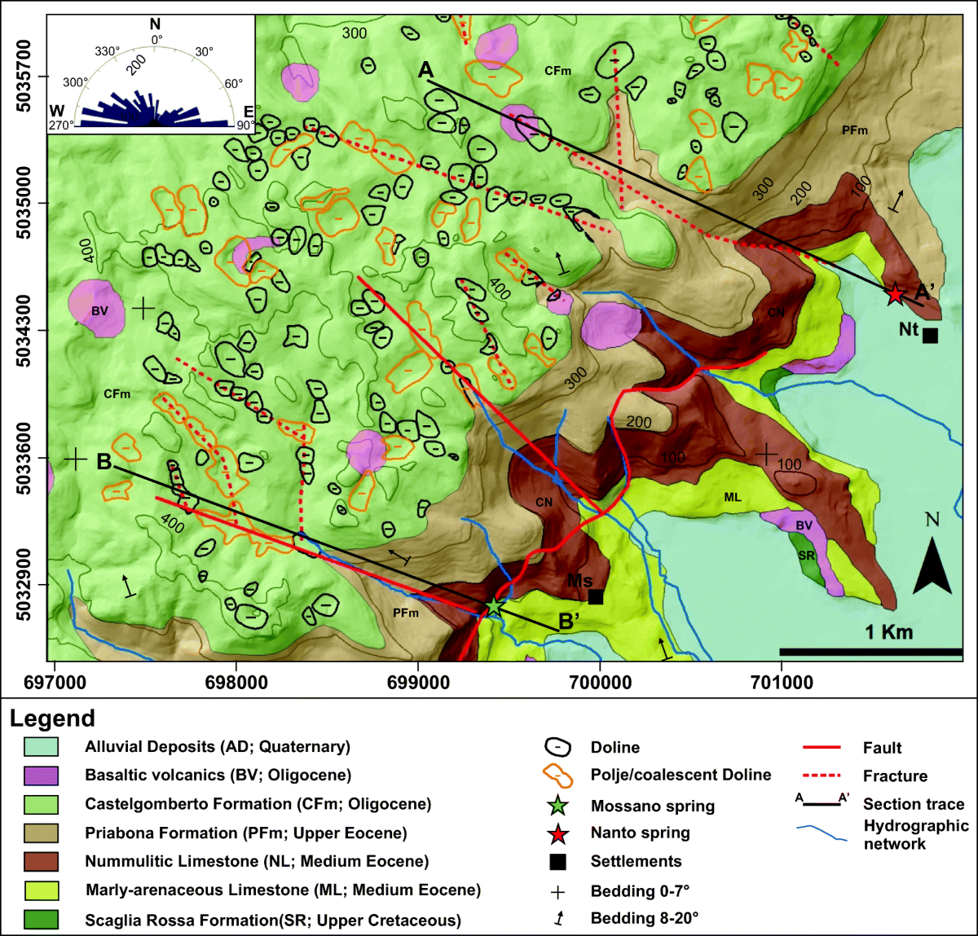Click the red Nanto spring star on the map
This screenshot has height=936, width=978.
[896, 294]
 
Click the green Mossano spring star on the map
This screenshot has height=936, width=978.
[494, 607]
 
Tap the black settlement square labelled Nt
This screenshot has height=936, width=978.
[930, 335]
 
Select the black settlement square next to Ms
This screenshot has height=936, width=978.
[596, 597]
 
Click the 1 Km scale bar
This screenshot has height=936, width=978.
[870, 652]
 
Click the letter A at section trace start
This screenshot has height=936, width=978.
[425, 71]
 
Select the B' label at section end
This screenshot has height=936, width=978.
[569, 622]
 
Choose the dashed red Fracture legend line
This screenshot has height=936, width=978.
[821, 776]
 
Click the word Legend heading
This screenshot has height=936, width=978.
[52, 718]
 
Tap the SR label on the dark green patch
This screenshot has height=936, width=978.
[806, 556]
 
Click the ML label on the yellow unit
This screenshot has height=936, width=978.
[733, 497]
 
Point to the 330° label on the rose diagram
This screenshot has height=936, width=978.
[108, 51]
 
